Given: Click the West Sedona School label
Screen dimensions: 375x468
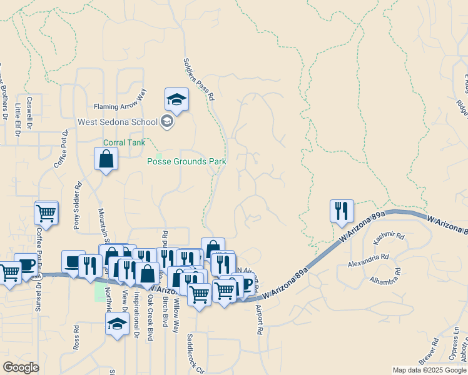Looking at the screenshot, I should pos(118,121).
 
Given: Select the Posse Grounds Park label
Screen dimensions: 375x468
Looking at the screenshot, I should pos(186,161).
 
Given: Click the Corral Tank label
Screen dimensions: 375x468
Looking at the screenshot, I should pos(124,142).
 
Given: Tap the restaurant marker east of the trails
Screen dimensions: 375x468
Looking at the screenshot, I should pos(342,212).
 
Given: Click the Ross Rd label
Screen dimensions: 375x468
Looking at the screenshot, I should pos(76,337).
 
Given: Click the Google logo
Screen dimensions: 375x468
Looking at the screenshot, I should pos(21,367).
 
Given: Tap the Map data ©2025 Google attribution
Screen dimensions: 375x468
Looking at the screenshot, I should pos(429,370).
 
